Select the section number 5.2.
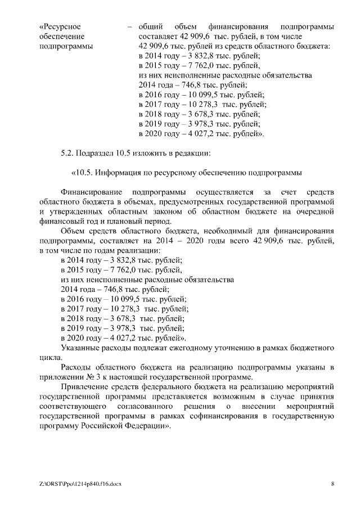(x=67, y=153)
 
